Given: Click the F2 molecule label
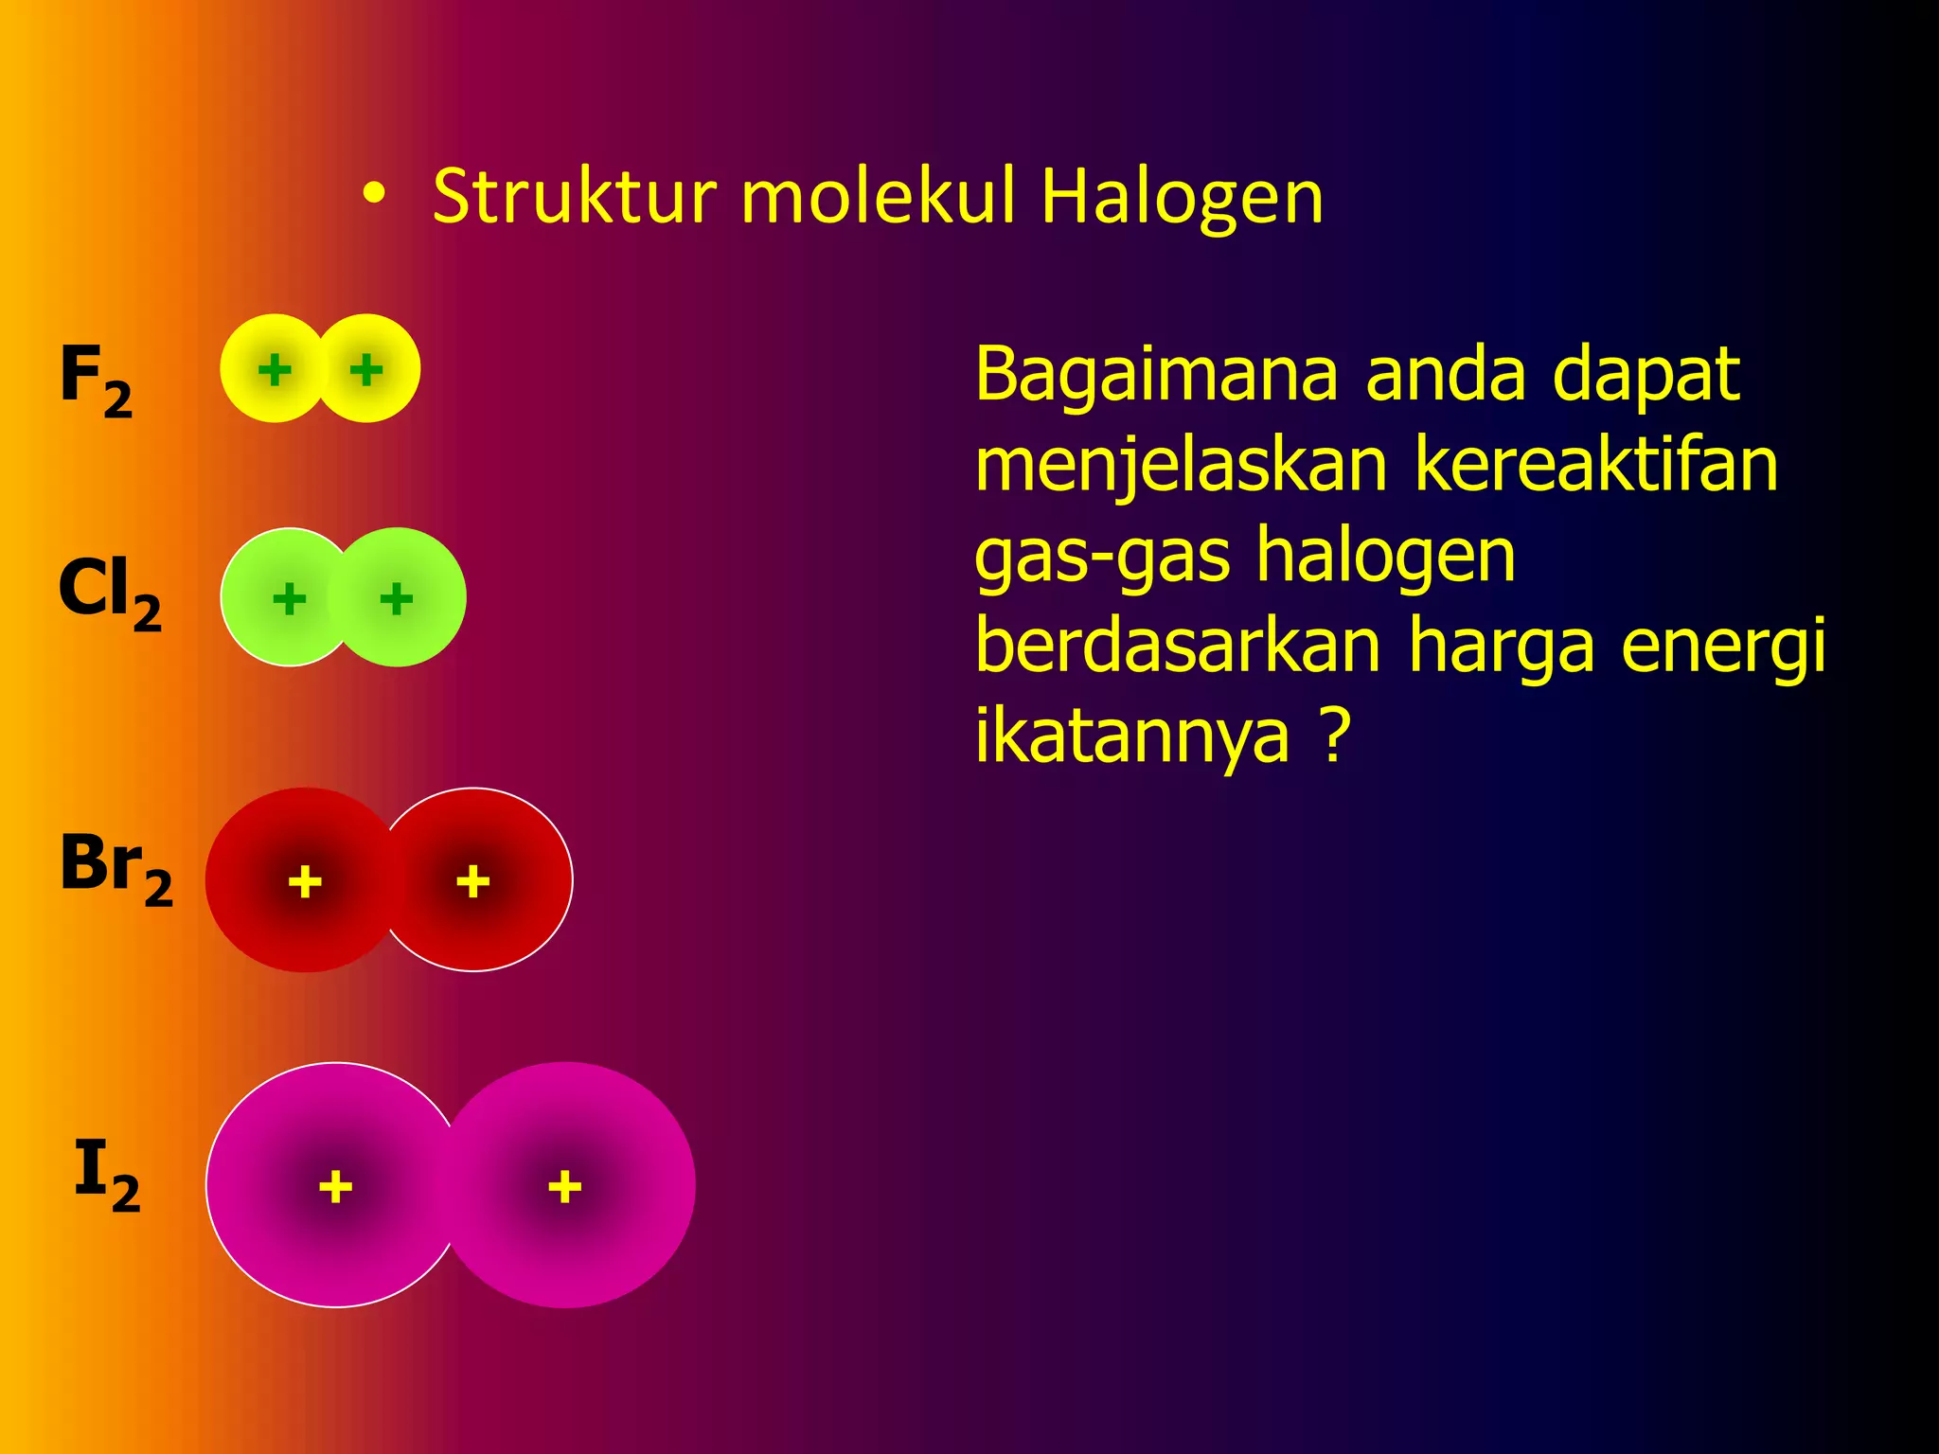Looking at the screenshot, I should (96, 379).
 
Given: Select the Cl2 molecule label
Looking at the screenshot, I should (109, 592).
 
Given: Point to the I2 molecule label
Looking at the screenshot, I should (106, 1174).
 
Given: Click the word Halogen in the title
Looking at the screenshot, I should (1181, 197).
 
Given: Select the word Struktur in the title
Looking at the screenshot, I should (575, 197).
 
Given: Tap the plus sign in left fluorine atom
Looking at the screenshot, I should (275, 370).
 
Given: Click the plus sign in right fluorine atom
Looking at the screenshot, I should (365, 370).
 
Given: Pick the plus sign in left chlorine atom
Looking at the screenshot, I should (289, 598).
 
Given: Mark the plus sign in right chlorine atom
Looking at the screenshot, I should (396, 598).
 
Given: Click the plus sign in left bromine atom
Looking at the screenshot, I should (305, 881).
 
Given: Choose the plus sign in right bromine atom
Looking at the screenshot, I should (472, 881).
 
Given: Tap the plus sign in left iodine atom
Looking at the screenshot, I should (335, 1186).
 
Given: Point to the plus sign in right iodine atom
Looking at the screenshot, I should (564, 1186).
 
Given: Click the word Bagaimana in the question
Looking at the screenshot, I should (1156, 375).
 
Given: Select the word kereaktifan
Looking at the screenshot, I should (1596, 466).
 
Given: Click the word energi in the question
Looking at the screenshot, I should (1723, 647).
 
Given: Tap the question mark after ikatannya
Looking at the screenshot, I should (1333, 736).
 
